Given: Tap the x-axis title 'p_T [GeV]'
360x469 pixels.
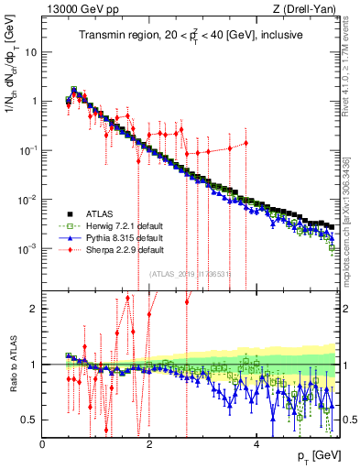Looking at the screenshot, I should [x=316, y=455].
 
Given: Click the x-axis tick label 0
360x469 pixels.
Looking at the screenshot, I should [x=43, y=444].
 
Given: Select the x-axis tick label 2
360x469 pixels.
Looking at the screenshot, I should [x=150, y=444].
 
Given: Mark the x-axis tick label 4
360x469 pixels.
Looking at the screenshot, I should [x=257, y=444].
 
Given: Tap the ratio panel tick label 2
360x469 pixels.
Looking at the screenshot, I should [x=32, y=309].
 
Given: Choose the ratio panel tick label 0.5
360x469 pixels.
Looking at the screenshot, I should [x=28, y=420].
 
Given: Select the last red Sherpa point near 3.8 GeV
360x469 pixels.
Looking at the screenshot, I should [x=245, y=142].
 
